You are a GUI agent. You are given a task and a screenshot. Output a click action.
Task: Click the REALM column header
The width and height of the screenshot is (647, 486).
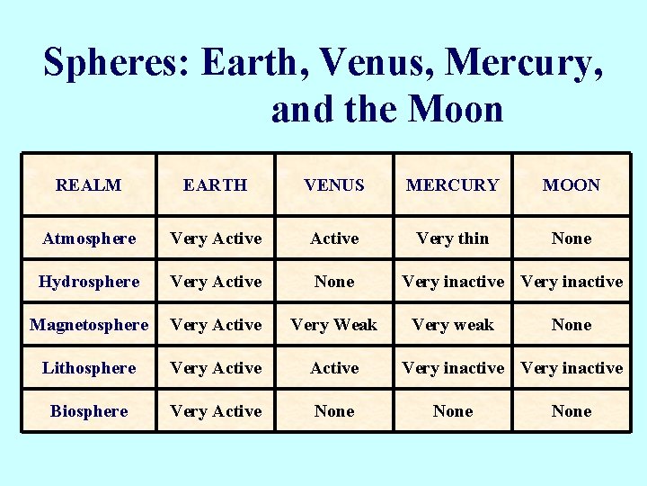click(88, 185)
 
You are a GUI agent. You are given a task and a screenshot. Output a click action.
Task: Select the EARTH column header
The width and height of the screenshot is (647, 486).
click(215, 185)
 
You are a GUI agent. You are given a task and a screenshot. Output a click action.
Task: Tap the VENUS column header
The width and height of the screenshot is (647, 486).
click(334, 185)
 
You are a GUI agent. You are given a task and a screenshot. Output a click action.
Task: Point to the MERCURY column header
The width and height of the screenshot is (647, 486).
click(453, 185)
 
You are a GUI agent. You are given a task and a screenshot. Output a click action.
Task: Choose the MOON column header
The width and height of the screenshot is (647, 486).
click(572, 185)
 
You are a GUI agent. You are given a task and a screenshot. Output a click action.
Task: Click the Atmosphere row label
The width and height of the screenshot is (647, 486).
click(89, 238)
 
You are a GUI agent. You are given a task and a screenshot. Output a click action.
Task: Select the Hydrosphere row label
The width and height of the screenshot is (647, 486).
click(89, 282)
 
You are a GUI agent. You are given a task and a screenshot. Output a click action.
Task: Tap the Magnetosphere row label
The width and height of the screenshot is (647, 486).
click(89, 325)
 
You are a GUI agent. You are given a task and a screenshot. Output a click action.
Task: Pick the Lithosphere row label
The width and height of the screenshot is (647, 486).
click(89, 368)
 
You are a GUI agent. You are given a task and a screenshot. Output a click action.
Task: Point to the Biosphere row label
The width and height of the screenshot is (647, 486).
click(89, 411)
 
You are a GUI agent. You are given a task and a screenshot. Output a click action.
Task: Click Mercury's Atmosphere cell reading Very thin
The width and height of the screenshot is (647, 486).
click(453, 238)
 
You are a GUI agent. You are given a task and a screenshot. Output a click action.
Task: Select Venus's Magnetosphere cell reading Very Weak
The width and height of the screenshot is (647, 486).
click(334, 325)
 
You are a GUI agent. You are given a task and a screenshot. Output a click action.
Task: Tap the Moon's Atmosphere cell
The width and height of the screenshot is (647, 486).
click(572, 238)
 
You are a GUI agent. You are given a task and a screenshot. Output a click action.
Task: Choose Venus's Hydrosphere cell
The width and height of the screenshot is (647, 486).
click(334, 282)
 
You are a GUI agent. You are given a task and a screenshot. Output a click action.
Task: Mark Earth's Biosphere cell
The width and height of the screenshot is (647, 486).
click(216, 411)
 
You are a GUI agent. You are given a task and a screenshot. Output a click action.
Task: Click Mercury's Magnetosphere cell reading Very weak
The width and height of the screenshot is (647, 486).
click(453, 325)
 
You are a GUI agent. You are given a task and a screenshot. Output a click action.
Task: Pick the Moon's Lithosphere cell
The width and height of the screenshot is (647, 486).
click(572, 368)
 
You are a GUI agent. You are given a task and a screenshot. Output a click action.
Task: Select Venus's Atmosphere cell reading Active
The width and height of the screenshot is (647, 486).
click(334, 238)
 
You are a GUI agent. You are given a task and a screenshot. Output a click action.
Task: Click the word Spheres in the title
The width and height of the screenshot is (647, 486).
click(115, 63)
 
